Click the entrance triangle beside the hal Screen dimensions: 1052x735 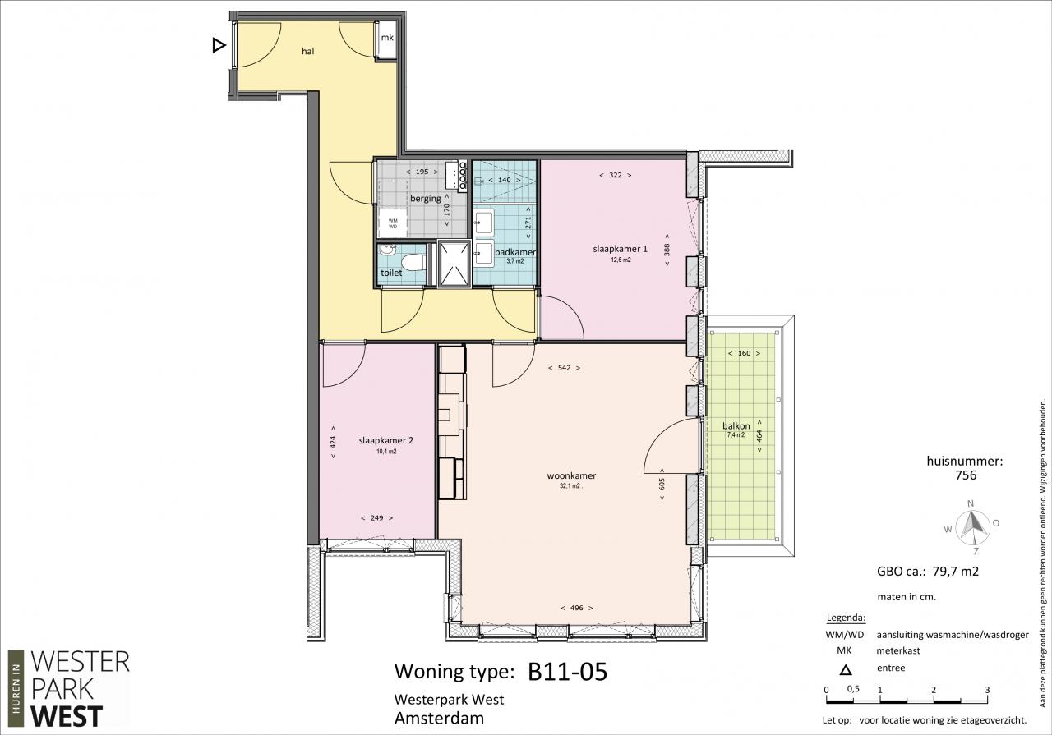tap(219, 45)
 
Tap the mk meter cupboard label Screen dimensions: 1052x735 tap(387, 38)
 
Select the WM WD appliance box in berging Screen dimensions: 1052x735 tap(393, 223)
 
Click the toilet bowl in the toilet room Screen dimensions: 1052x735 tap(413, 263)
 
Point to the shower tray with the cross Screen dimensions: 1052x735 tap(454, 264)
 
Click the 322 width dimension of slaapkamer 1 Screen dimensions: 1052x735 tap(616, 175)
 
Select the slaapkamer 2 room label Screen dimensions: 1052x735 tap(385, 440)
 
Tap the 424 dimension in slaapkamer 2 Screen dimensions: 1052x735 tap(333, 442)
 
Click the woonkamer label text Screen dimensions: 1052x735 tap(571, 475)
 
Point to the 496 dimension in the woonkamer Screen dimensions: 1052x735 tap(576, 608)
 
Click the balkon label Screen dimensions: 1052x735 tap(736, 425)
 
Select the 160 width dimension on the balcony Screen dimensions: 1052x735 tap(744, 353)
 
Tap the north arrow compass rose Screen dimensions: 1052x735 tap(971, 527)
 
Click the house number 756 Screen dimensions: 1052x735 tap(966, 475)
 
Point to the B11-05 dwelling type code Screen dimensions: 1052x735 tap(567, 671)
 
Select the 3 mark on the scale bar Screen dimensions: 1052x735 tap(987, 690)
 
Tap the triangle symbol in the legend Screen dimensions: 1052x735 tap(846, 670)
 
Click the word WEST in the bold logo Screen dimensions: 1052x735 tap(67, 715)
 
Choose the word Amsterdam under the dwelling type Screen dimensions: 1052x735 tap(439, 719)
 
